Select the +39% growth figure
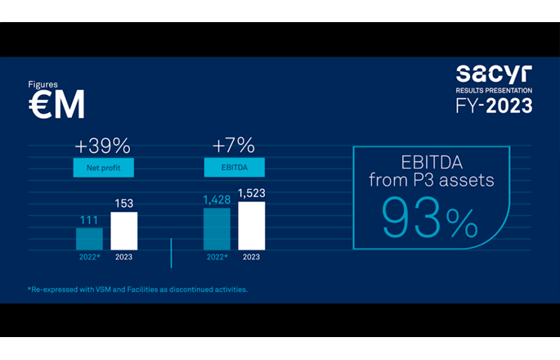point(102,146)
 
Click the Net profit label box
point(102,168)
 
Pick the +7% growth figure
point(233,146)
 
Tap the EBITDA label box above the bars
point(234,168)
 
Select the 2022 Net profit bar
point(89,238)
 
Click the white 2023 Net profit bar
point(124,231)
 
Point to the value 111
point(89,219)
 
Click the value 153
point(124,203)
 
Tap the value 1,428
point(216,198)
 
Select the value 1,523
point(252,192)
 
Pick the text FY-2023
point(494,106)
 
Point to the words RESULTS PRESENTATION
point(494,89)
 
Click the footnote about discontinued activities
point(137,289)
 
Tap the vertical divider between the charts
point(171,253)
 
